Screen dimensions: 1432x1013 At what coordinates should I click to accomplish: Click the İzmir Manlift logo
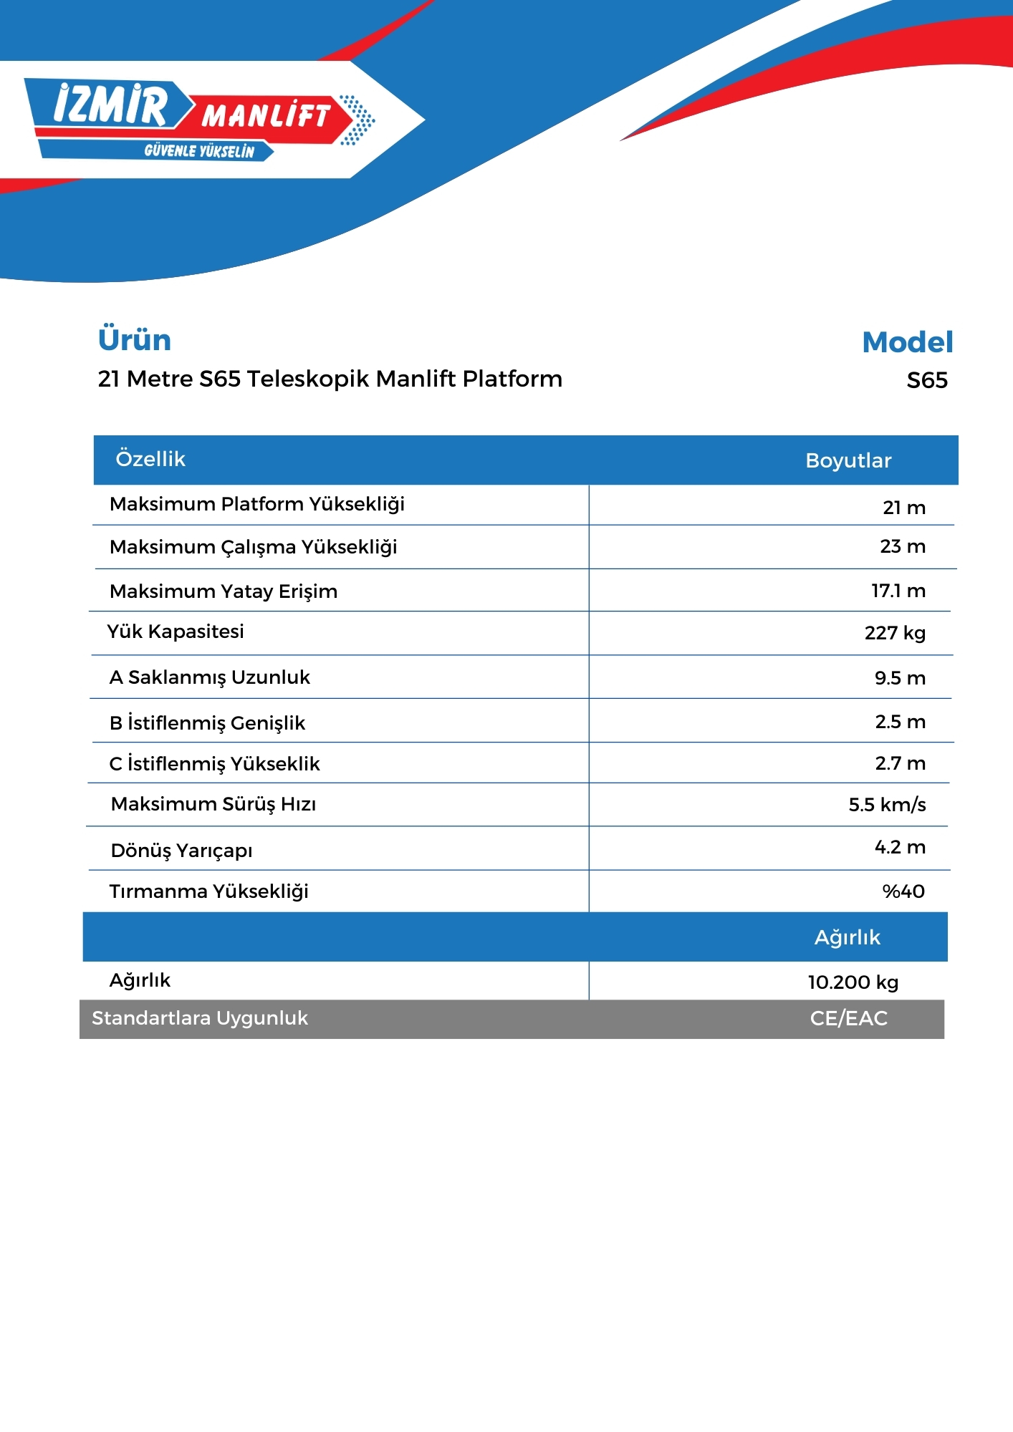199,119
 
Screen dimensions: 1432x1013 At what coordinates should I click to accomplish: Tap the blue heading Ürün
135,340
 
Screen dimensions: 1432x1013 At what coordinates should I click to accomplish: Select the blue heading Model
907,342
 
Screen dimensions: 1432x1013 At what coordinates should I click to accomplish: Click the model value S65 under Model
926,380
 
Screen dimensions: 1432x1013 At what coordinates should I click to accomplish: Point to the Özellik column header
150,459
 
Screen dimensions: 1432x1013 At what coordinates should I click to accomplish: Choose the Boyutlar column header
848,460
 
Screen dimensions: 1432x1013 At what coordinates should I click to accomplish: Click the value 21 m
903,508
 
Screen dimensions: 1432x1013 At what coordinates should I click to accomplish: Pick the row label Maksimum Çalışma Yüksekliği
253,547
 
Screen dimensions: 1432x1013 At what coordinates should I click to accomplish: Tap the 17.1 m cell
898,591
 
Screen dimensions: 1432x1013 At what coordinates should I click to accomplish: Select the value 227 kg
895,633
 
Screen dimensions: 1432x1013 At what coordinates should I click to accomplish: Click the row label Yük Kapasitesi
176,632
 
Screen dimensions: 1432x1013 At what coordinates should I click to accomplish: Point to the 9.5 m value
899,678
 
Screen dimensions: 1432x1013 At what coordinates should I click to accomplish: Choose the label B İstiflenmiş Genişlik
207,723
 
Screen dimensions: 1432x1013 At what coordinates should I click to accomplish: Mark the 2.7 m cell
900,763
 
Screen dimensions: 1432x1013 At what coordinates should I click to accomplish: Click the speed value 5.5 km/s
887,805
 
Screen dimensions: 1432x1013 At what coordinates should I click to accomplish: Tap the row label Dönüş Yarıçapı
181,851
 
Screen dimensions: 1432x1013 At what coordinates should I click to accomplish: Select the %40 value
903,891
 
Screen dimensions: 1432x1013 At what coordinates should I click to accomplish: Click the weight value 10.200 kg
853,982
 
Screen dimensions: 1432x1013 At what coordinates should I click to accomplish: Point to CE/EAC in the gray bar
848,1018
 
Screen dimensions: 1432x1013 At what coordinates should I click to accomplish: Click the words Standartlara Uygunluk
200,1018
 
